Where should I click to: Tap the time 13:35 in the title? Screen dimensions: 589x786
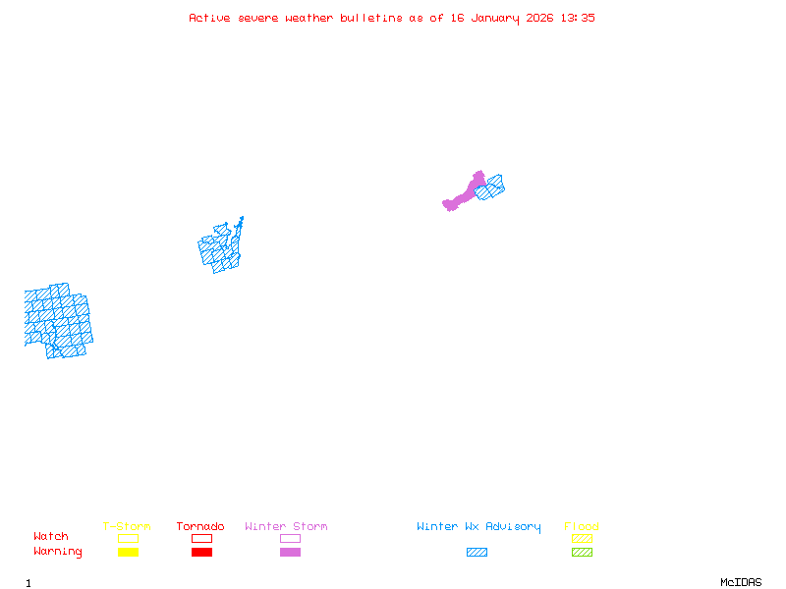(x=578, y=18)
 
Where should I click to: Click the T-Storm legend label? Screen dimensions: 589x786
(x=127, y=527)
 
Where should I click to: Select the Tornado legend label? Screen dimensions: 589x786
(x=200, y=527)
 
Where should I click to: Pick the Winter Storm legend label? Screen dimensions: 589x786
(x=286, y=527)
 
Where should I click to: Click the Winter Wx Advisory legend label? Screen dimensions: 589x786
(x=478, y=527)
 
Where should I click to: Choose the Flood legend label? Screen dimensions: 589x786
(x=582, y=527)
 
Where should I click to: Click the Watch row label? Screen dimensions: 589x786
(x=51, y=537)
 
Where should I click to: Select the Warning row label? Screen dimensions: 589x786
(x=58, y=552)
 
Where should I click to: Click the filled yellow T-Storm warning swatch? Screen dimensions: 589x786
(x=128, y=553)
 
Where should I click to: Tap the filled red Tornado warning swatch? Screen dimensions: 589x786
(x=201, y=553)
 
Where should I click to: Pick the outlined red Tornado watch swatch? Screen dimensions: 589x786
(x=201, y=538)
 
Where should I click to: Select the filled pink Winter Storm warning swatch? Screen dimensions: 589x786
(x=290, y=553)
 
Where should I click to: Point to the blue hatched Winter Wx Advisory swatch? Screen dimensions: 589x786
(x=477, y=553)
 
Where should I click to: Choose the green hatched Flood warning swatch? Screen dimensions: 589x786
(x=582, y=553)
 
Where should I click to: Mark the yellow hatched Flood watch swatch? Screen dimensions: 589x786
(x=582, y=538)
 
